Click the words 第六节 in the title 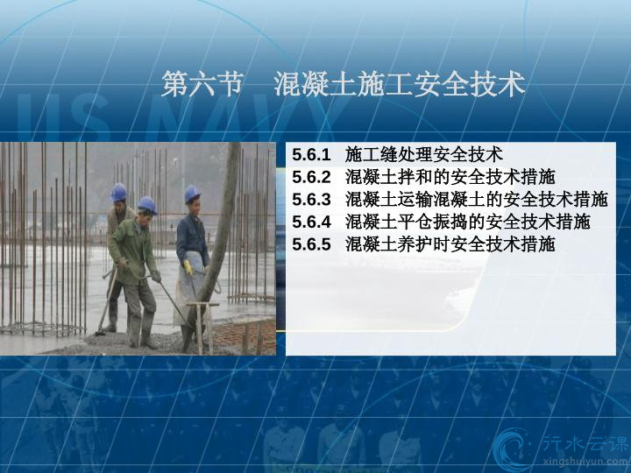202,84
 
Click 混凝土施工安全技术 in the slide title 400,84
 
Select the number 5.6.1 311,155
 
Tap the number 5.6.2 311,177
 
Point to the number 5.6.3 311,200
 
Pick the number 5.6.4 311,222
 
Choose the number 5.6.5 311,244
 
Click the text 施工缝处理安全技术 424,155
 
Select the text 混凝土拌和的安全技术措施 450,177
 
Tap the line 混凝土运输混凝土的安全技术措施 477,200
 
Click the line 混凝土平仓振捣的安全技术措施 468,222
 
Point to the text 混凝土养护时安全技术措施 450,244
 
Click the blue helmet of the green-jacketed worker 147,205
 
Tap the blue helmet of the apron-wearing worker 192,194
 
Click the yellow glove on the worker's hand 188,267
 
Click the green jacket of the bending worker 131,251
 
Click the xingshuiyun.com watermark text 585,462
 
